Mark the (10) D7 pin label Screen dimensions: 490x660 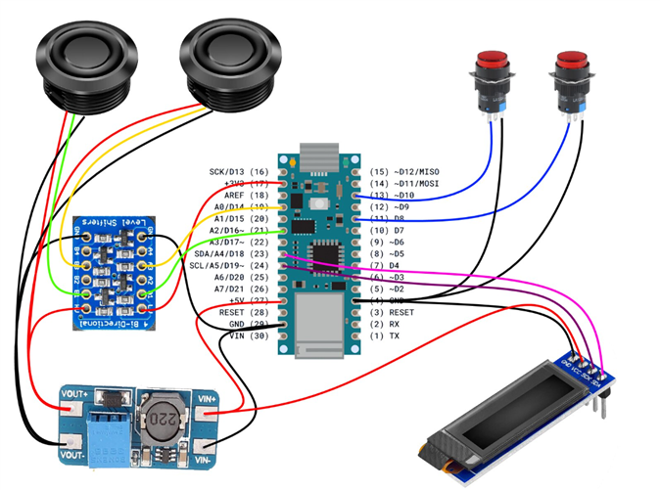coord(385,230)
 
